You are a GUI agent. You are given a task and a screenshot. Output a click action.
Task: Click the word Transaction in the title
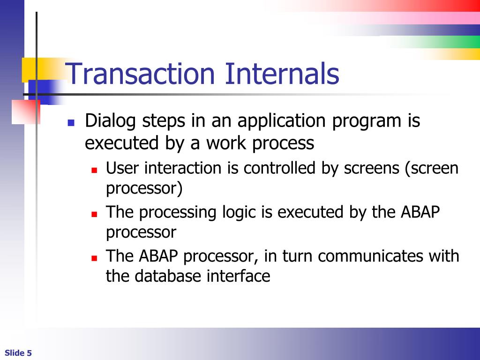tap(140, 73)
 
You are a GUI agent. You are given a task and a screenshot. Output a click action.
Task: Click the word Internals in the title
tap(282, 73)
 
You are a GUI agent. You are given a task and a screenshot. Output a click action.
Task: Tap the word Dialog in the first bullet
tap(110, 121)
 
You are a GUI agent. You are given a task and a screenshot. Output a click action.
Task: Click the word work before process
tap(225, 142)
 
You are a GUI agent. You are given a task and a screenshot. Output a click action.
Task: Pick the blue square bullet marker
tap(71, 123)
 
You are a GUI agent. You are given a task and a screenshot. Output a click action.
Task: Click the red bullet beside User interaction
tap(94, 170)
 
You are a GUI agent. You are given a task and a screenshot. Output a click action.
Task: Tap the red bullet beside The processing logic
tap(94, 214)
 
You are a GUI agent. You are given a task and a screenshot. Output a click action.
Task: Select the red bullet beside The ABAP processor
tap(94, 258)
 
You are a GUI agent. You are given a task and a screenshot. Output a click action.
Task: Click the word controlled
tap(279, 168)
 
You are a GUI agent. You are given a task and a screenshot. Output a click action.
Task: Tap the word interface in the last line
tap(238, 276)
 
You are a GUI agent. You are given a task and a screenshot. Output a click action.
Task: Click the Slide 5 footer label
tap(18, 353)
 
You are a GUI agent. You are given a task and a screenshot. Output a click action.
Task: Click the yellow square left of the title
tap(29, 69)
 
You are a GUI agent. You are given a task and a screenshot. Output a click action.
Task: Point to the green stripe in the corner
tap(441, 42)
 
